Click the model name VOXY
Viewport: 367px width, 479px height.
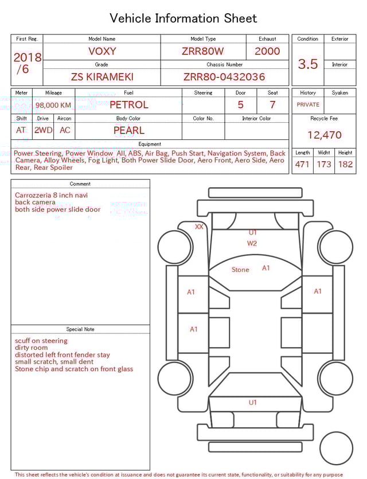coord(101,51)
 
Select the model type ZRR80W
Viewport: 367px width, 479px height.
coord(203,51)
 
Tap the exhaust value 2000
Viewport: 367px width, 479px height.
coord(267,51)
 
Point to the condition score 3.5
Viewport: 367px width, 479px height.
coord(308,64)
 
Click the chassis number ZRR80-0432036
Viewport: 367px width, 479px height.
coord(224,77)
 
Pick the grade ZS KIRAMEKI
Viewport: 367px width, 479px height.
coord(102,77)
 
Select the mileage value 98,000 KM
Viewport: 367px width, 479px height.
coord(53,106)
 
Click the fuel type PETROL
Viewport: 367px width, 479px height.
coord(128,105)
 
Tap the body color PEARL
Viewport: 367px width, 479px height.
coord(128,130)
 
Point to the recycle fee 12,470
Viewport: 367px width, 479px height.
coord(325,135)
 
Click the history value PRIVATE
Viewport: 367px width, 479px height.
coord(308,105)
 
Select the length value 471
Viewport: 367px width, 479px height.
coord(302,165)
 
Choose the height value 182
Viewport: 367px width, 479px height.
coord(345,165)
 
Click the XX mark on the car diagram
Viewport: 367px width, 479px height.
coord(199,227)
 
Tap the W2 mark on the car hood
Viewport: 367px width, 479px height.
coord(252,243)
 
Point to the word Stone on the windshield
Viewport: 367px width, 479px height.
coord(240,270)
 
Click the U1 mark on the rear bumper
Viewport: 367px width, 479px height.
coord(253,403)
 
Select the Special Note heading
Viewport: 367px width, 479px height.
coord(80,329)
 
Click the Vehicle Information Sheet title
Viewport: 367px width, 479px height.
coord(183,18)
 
